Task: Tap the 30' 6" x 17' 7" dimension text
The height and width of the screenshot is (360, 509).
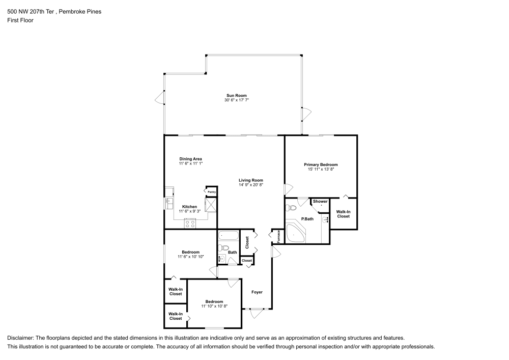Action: click(236, 100)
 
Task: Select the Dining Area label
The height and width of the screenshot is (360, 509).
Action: click(190, 159)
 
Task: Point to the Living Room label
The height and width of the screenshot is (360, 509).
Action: click(250, 180)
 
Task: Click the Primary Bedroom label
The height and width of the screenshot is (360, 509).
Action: click(321, 164)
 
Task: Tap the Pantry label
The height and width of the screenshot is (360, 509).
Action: click(211, 192)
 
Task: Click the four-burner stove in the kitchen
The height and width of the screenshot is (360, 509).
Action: click(190, 223)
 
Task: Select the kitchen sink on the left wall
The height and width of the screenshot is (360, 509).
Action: click(167, 203)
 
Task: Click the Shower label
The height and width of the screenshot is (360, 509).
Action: click(320, 202)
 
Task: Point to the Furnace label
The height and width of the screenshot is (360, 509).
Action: click(279, 236)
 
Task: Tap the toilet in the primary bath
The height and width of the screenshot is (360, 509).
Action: click(291, 208)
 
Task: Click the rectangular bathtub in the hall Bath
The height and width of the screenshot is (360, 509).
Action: click(229, 236)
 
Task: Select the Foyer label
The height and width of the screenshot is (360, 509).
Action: click(257, 292)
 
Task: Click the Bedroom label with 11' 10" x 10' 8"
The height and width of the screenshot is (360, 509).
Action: click(214, 301)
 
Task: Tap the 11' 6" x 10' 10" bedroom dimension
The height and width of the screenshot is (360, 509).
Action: click(190, 257)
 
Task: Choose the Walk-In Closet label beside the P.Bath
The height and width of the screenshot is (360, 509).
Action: click(343, 214)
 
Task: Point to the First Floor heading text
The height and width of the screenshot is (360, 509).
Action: click(20, 20)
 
